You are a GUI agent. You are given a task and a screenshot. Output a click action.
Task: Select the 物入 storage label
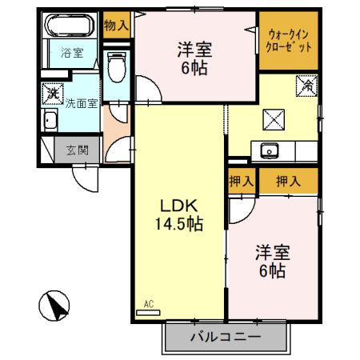(x=117, y=25)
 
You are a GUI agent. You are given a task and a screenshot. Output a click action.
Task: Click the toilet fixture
(x=118, y=68)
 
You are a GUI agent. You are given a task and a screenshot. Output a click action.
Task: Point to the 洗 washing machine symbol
(x=52, y=94)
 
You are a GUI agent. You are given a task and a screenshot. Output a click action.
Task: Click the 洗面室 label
(x=82, y=103)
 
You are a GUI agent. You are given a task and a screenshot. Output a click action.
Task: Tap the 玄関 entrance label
(x=77, y=149)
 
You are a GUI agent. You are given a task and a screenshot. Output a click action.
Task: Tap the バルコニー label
(x=225, y=337)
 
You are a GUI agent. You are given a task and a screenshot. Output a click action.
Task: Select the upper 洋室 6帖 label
(x=194, y=58)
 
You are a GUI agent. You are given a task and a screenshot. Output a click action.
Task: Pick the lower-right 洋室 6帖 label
(x=271, y=262)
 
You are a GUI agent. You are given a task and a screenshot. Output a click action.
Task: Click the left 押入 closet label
(x=241, y=182)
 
